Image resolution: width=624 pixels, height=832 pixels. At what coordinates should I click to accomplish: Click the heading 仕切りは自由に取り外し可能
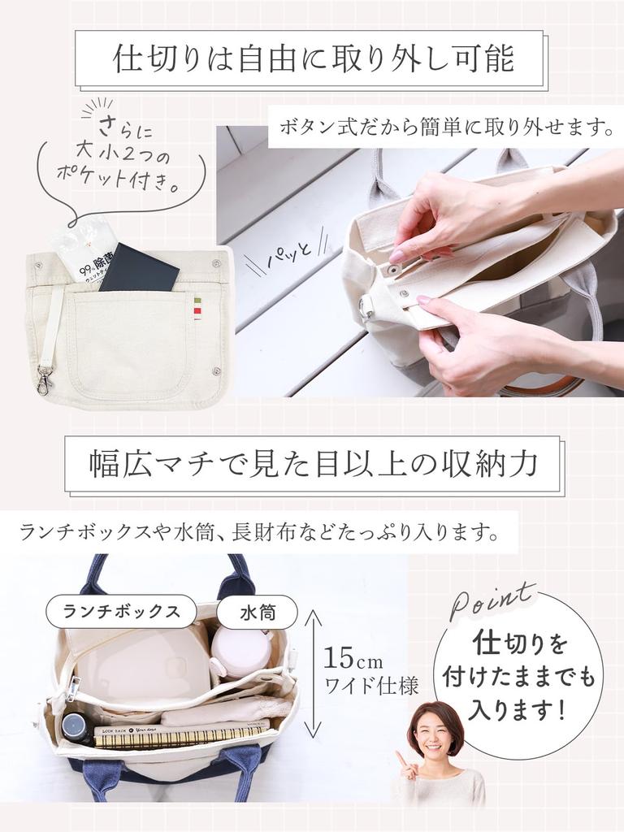[314, 58]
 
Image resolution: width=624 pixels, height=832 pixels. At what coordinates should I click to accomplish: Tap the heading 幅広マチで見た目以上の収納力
[314, 464]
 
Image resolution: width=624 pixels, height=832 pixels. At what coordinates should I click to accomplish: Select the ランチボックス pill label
[122, 611]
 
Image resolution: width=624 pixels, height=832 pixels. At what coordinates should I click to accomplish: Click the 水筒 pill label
[258, 613]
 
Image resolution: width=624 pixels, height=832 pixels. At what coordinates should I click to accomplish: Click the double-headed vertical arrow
[313, 674]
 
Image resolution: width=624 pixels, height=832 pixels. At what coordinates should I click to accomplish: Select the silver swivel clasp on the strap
[45, 379]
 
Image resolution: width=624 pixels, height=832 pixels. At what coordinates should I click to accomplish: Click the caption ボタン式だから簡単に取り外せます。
[446, 128]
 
